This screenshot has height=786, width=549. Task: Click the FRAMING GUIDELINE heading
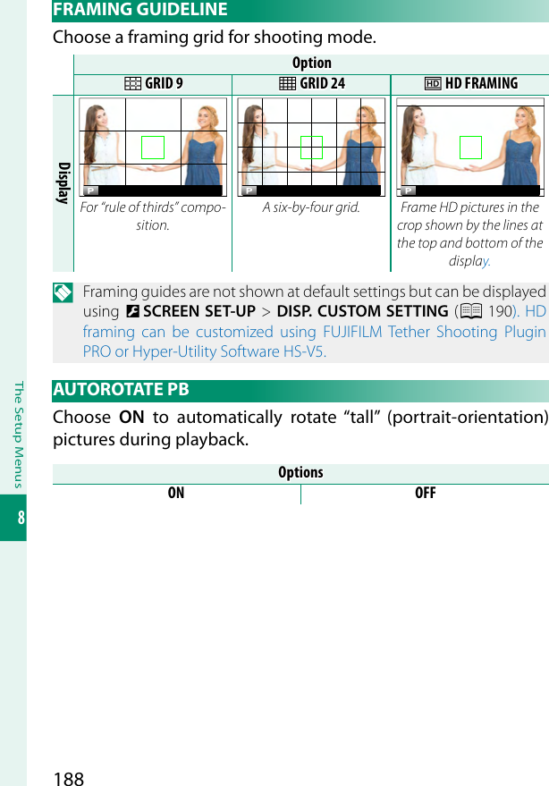point(140,10)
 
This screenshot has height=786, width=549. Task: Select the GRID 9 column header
point(152,84)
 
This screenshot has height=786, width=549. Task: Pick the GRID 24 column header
point(311,84)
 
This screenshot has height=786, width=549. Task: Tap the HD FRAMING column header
point(470,84)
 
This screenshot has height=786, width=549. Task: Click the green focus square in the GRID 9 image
point(153,148)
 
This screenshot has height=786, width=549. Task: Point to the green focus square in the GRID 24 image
point(311,148)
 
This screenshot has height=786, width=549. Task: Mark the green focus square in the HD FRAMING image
point(470,148)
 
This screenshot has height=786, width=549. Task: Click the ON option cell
point(176,494)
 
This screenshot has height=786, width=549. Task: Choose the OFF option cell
point(425,494)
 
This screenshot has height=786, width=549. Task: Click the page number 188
point(69,778)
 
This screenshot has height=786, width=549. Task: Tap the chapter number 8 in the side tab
point(13,519)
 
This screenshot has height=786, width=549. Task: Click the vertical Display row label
point(63,183)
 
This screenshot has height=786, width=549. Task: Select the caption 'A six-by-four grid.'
point(311,207)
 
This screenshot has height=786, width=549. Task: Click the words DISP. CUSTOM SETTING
point(362,312)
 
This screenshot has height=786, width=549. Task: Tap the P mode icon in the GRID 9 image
point(90,190)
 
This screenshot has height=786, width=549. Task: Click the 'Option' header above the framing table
point(311,63)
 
